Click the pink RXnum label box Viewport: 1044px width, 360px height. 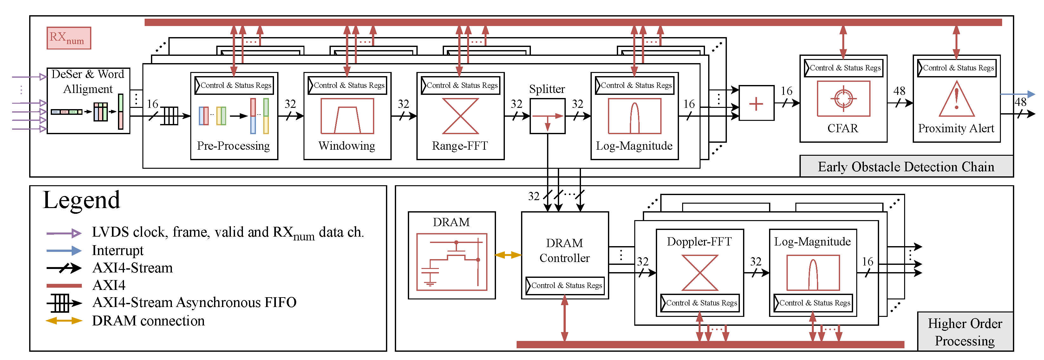tap(69, 38)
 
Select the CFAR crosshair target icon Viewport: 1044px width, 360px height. tap(843, 99)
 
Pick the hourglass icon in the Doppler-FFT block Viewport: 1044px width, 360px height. tap(700, 272)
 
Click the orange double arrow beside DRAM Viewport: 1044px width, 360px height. tap(508, 255)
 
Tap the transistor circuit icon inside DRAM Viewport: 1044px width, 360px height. tap(452, 262)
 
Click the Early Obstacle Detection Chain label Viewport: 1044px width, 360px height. tap(906, 167)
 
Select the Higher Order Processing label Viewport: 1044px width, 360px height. tap(965, 332)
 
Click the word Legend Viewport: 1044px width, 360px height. tap(82, 200)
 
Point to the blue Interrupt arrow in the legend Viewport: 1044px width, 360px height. tap(64, 251)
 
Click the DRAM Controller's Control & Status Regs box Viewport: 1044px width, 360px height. tap(565, 285)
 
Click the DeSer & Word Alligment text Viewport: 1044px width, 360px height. tap(88, 81)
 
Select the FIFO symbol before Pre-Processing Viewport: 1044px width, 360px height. tap(170, 116)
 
